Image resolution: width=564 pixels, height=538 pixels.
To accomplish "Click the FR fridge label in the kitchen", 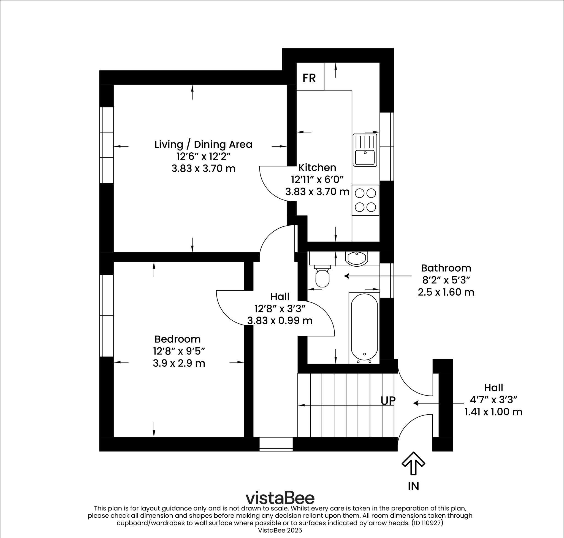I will (x=309, y=78).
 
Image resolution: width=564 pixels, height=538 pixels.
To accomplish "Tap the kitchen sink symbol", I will (x=365, y=150).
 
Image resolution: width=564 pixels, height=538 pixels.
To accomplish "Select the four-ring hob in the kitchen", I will (x=365, y=200).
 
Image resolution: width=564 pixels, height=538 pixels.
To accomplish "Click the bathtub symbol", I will (x=364, y=327).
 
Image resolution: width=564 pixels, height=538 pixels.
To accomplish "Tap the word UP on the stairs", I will (x=388, y=400).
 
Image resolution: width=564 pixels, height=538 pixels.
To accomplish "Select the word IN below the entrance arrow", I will (x=413, y=486).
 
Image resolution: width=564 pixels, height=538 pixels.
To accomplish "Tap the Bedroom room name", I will (x=177, y=339).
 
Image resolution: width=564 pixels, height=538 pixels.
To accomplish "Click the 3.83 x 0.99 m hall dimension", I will (x=280, y=320).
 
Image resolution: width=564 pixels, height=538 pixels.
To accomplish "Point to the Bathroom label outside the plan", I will (x=446, y=268).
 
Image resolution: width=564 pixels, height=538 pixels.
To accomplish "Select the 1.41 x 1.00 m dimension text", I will (x=493, y=412).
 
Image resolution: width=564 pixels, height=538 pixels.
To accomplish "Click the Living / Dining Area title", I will (x=203, y=144).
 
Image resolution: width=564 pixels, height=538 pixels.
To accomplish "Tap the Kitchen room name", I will (x=317, y=167).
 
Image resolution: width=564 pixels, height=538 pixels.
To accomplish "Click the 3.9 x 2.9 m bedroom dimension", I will (x=179, y=363).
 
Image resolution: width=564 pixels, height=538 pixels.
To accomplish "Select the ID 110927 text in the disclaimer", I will (x=427, y=523).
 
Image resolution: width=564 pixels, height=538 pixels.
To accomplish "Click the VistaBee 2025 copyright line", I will (x=280, y=530).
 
